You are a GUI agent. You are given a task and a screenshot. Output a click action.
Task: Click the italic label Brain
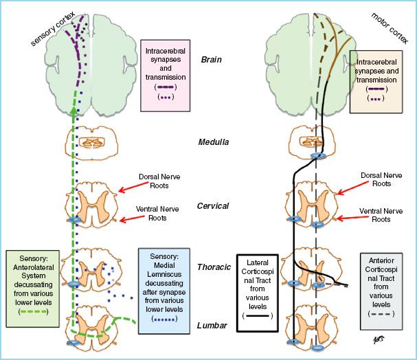210,60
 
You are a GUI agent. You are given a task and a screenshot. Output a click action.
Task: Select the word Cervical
212,206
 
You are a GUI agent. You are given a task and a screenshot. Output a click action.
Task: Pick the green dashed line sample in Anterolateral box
33,312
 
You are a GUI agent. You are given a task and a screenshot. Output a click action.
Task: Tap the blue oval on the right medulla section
317,157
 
